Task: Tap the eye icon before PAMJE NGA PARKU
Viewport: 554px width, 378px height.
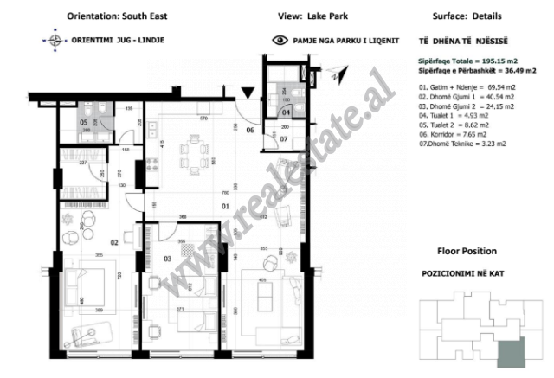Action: pos(279,40)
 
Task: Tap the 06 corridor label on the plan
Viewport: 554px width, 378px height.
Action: pos(249,131)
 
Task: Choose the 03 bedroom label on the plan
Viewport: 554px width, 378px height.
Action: pos(167,258)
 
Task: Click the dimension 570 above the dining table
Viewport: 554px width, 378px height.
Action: pos(204,119)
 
